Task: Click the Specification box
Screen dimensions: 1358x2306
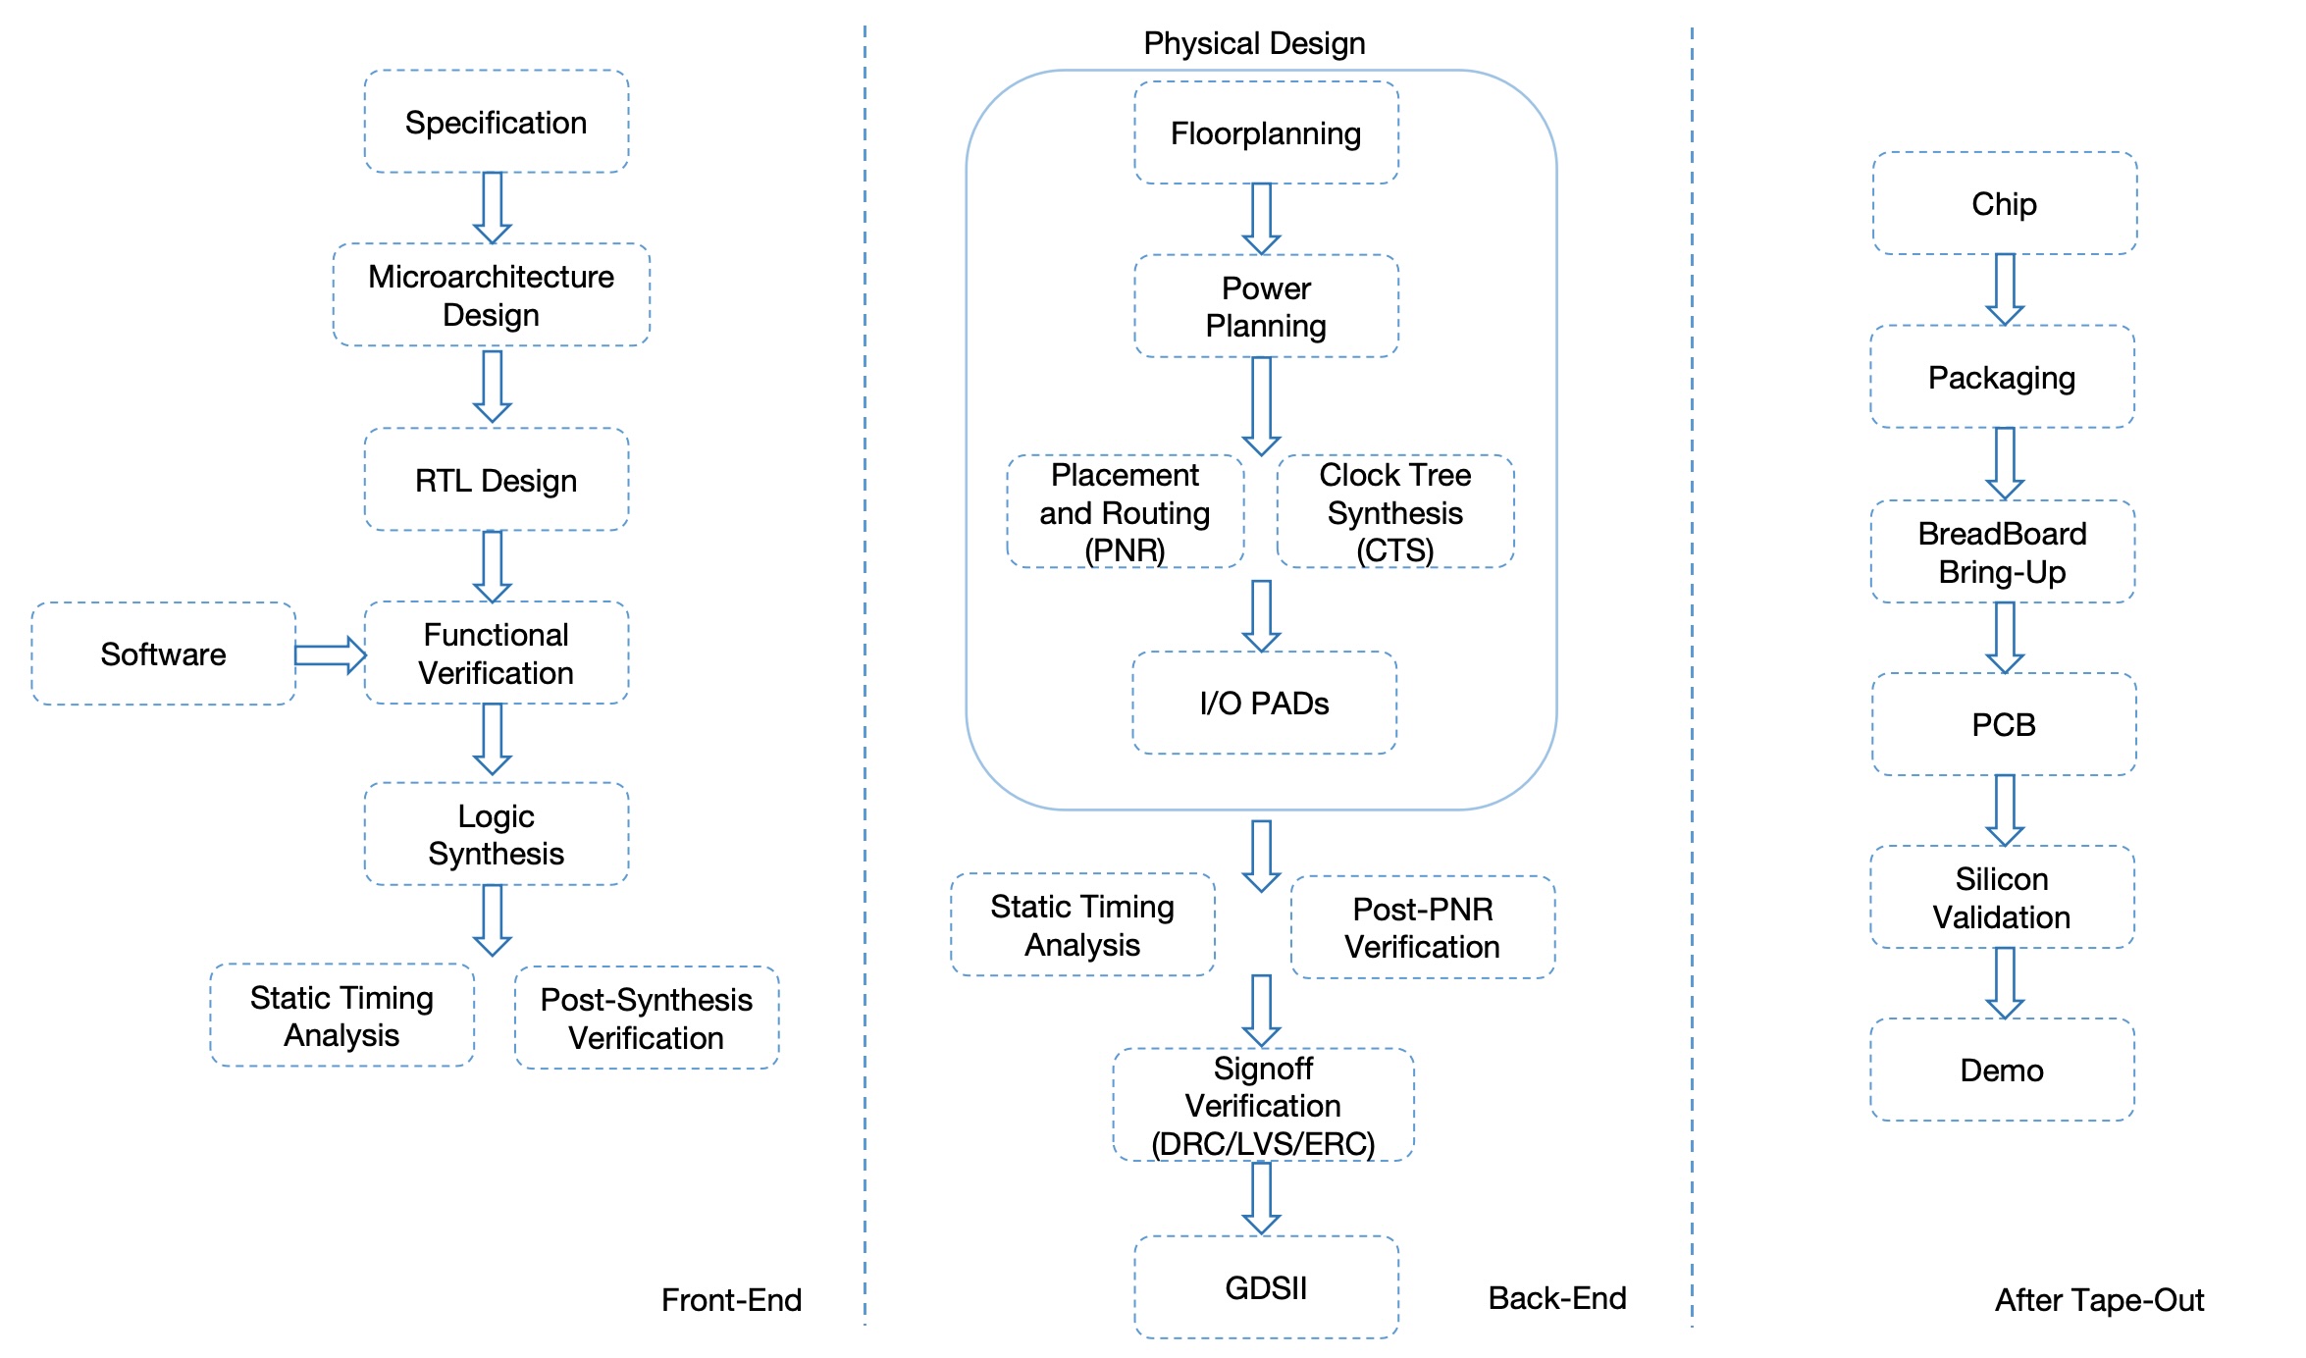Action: tap(496, 122)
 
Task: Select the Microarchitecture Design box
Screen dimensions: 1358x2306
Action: tap(491, 294)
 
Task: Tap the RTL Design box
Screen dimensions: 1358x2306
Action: tap(496, 480)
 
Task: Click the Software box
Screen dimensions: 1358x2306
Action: tap(163, 653)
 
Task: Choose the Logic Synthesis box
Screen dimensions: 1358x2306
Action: tap(496, 834)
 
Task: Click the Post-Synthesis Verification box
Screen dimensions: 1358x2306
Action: tap(646, 1018)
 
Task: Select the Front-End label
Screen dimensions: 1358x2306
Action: tap(731, 1299)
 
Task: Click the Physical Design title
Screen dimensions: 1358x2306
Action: tap(1254, 43)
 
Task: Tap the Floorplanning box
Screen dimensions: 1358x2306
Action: tap(1266, 132)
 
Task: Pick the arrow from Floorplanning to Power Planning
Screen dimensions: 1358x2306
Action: tap(1261, 218)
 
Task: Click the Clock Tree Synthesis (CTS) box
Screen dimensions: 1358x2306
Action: tap(1394, 511)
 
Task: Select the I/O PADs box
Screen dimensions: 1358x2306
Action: tap(1264, 703)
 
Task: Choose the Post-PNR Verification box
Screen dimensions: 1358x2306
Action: tap(1422, 927)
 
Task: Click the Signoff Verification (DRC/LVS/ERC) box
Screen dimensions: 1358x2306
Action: tap(1263, 1105)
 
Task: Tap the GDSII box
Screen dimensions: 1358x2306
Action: tap(1266, 1286)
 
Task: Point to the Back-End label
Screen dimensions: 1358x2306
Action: tap(1556, 1297)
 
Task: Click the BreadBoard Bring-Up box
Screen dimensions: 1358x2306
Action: tap(2002, 551)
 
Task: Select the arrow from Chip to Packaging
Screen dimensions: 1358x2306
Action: tap(2005, 288)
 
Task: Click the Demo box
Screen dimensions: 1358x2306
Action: tap(2002, 1070)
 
